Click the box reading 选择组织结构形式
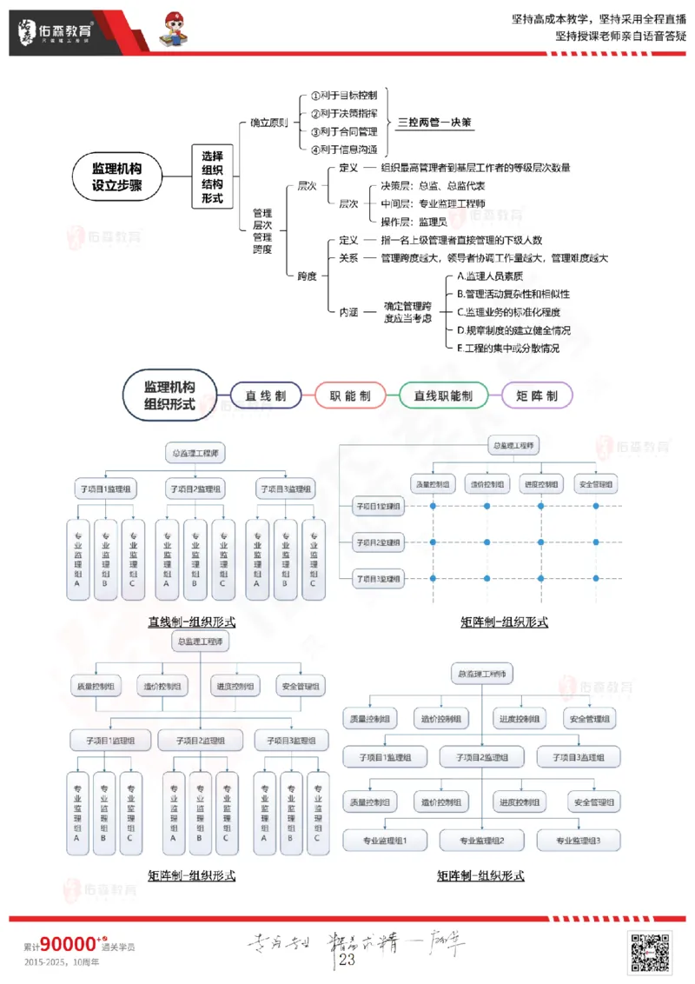tap(212, 176)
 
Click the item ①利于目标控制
tap(343, 96)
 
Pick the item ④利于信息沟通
tap(343, 150)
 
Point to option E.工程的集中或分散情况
tap(508, 348)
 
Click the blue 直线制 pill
tap(266, 396)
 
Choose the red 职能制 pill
tap(350, 396)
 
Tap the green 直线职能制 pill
tap(443, 396)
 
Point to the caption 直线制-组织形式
tap(191, 622)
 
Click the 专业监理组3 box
tap(579, 841)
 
